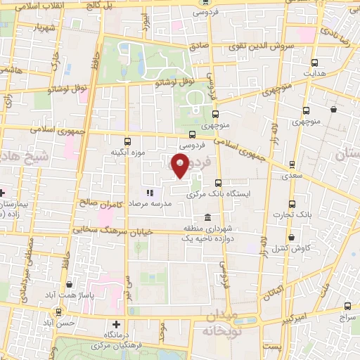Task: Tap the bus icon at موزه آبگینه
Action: [x=127, y=141]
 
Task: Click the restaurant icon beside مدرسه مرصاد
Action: [x=149, y=192]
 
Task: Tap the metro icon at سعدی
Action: [x=292, y=167]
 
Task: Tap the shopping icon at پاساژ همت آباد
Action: [x=69, y=285]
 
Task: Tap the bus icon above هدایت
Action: [x=314, y=62]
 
